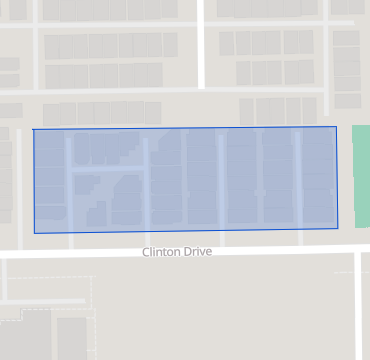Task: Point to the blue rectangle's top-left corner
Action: pos(33,130)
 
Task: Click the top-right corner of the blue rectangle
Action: pos(336,127)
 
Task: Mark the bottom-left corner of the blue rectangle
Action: pos(34,233)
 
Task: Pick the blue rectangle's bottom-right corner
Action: pos(337,229)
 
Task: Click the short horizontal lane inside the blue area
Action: pos(108,170)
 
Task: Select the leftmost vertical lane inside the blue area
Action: pos(69,180)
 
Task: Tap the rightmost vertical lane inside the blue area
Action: pos(297,178)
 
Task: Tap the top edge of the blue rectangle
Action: pos(185,128)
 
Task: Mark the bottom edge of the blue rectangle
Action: pos(185,231)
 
